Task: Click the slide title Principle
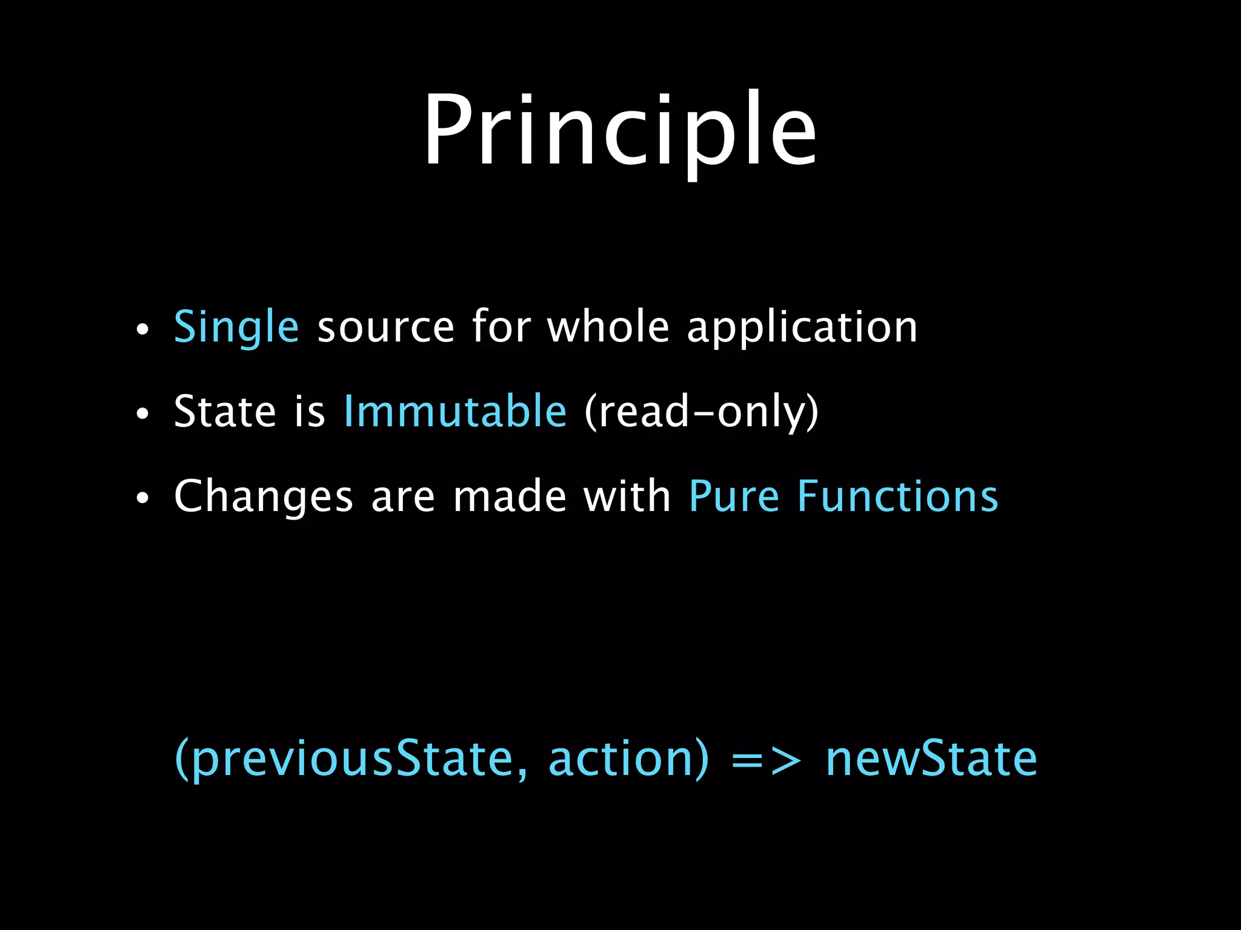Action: [x=620, y=130]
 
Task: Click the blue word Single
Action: [x=236, y=327]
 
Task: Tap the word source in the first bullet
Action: [x=385, y=328]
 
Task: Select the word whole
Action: [x=608, y=327]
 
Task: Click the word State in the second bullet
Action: [x=225, y=411]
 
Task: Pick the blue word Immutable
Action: [x=455, y=411]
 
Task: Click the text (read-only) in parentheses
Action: [x=701, y=412]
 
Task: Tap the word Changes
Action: [x=263, y=497]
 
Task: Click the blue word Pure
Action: [x=734, y=496]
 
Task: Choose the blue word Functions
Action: [x=897, y=496]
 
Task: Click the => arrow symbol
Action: [x=766, y=760]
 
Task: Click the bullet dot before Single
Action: [x=142, y=331]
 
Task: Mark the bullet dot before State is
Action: [x=142, y=415]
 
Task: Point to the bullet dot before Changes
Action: [x=142, y=500]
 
